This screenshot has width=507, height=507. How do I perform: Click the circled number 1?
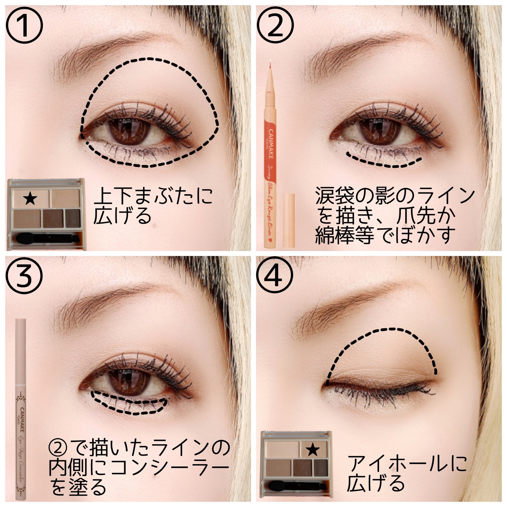pyautogui.click(x=24, y=25)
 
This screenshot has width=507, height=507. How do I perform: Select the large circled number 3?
pyautogui.click(x=24, y=276)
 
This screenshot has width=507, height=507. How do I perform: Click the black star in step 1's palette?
pyautogui.click(x=30, y=198)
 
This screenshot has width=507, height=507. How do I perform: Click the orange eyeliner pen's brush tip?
pyautogui.click(x=270, y=66)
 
